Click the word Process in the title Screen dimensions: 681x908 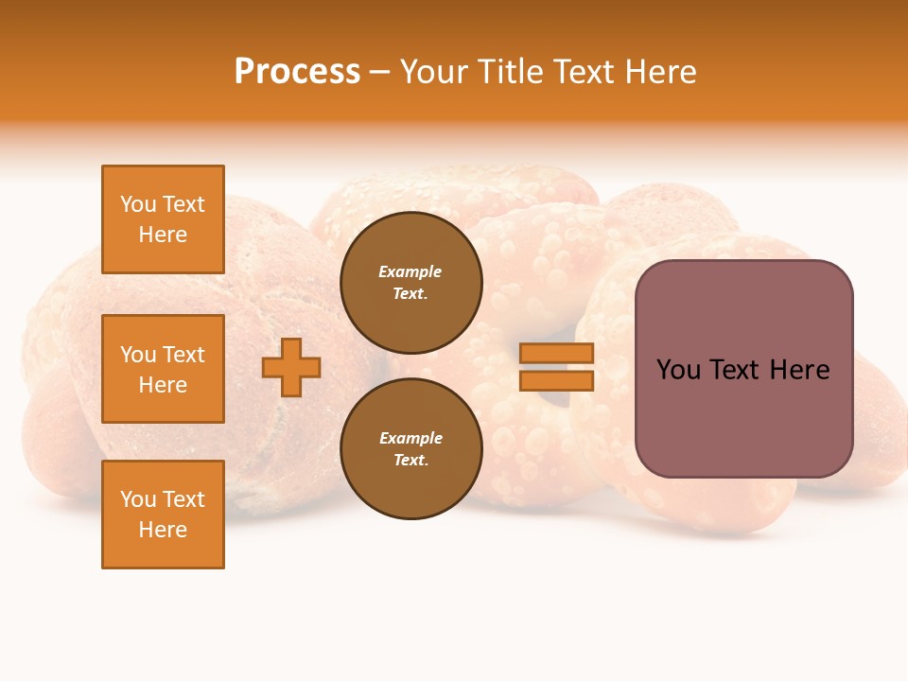(297, 72)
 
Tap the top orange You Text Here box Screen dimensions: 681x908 (163, 219)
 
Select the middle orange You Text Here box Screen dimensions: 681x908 (163, 369)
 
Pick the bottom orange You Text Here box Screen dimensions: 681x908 (163, 515)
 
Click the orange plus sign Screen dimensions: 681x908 (291, 367)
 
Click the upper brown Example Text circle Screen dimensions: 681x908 (411, 282)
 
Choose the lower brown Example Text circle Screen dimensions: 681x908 (411, 448)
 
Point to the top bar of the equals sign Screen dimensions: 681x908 (557, 353)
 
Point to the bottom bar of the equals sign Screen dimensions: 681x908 (557, 381)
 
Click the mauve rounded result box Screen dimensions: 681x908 (743, 416)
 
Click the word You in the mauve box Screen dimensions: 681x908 (677, 370)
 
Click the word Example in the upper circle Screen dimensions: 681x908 (410, 271)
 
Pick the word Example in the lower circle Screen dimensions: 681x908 (410, 438)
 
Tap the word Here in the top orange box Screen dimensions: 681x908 (163, 235)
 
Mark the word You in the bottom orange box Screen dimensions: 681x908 (138, 499)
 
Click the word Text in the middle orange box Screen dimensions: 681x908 (183, 355)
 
